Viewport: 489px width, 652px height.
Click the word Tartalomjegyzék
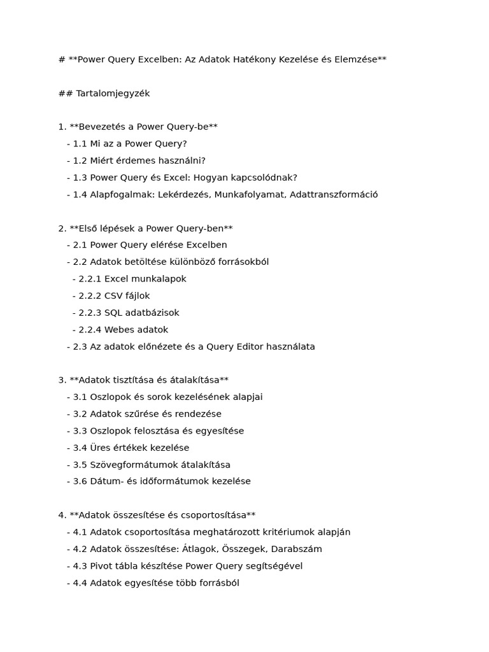(x=113, y=94)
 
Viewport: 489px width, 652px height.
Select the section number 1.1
(x=81, y=144)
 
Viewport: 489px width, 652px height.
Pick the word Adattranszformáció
(x=334, y=195)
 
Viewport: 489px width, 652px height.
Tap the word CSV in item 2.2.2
(x=113, y=296)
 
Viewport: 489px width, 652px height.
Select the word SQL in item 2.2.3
(x=113, y=313)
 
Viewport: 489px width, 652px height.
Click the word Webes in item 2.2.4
(x=118, y=330)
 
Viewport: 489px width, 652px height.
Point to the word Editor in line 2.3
(x=253, y=347)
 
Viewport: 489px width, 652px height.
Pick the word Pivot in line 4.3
(x=101, y=566)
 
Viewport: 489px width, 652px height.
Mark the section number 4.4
(x=81, y=583)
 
